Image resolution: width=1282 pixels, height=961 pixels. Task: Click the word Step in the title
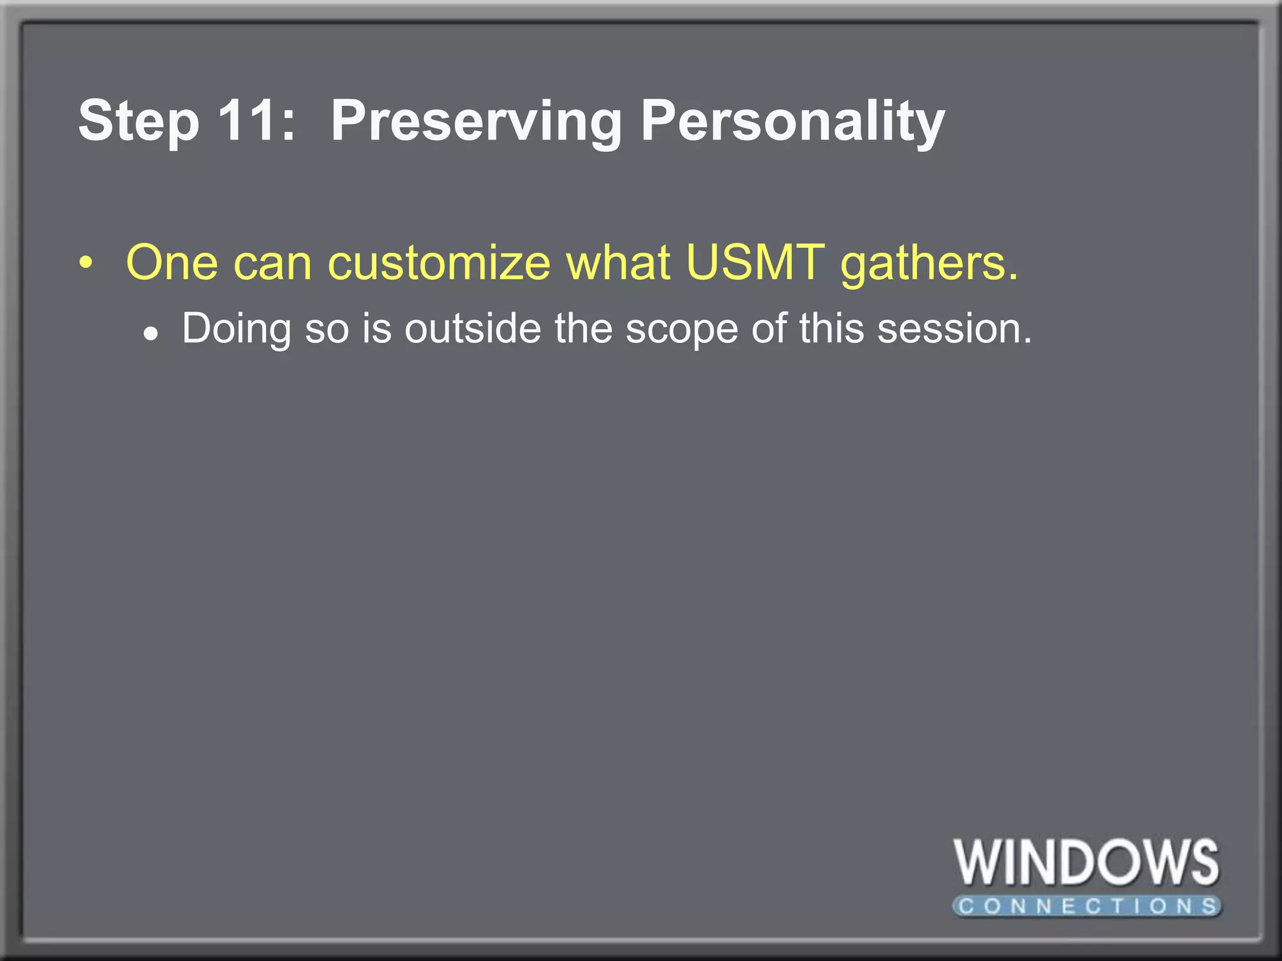[138, 122]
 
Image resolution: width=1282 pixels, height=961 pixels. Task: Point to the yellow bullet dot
[86, 263]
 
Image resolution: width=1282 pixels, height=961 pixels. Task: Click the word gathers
[929, 264]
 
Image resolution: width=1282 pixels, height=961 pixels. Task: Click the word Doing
[237, 329]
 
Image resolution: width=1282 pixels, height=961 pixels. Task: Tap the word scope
[682, 330]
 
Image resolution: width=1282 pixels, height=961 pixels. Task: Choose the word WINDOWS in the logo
[1086, 863]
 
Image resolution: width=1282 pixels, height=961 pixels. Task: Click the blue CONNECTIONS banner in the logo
[1087, 906]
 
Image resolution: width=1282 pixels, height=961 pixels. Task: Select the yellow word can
[272, 264]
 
